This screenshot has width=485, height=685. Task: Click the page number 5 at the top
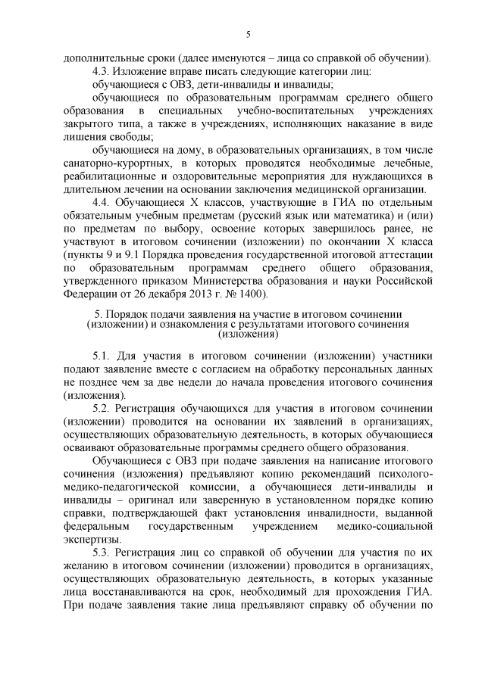[x=249, y=34]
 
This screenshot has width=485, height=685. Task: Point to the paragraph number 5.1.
[x=102, y=355]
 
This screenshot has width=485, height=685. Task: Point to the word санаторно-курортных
[x=109, y=163]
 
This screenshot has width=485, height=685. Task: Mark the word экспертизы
[x=91, y=539]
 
